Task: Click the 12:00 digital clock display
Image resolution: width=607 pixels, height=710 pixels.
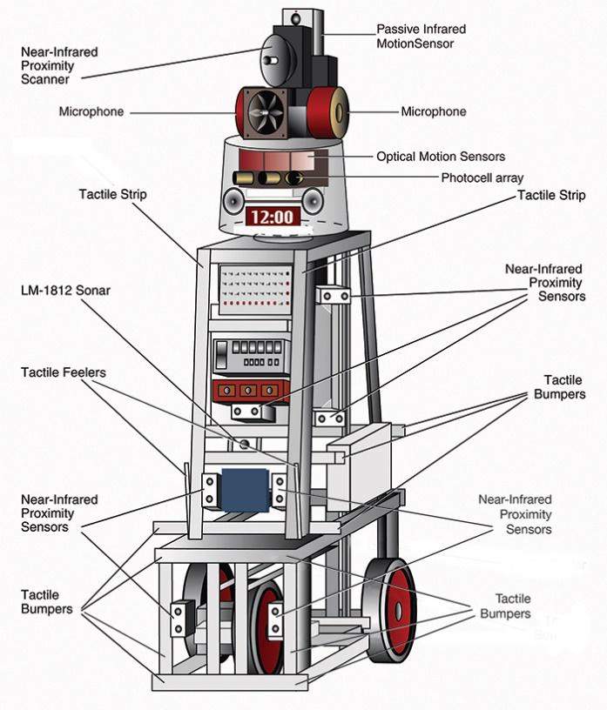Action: click(272, 217)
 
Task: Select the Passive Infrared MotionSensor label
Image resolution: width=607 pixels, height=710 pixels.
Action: click(415, 36)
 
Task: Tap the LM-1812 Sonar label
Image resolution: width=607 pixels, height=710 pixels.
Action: click(66, 290)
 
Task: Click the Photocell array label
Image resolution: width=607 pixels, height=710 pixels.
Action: click(482, 177)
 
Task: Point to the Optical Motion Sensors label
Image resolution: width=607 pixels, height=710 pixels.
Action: click(441, 157)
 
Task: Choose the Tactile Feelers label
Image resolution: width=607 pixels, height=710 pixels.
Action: click(64, 372)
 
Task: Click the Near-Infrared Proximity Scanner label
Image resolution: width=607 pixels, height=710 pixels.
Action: click(60, 65)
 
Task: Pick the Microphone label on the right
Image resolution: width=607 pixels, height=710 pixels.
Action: click(433, 111)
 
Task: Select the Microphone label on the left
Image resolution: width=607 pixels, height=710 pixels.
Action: click(91, 111)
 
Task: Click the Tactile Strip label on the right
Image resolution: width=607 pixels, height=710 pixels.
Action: click(552, 196)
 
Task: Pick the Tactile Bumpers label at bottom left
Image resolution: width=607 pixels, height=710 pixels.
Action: click(47, 601)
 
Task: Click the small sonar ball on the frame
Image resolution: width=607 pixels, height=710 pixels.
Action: click(246, 444)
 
